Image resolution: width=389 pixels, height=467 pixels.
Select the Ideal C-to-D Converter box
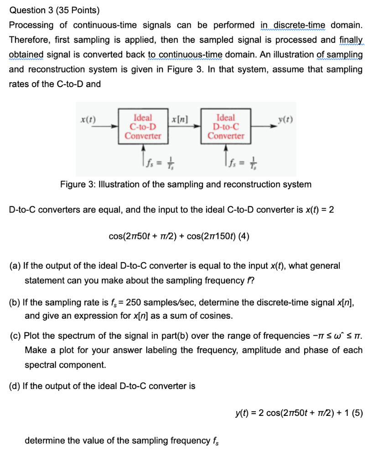tap(143, 126)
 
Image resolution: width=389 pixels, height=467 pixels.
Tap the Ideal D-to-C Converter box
tap(225, 126)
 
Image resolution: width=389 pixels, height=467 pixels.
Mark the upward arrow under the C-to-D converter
tap(143, 153)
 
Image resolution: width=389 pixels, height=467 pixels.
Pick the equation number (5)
tap(357, 414)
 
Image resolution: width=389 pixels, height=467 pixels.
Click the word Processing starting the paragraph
tap(30, 25)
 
